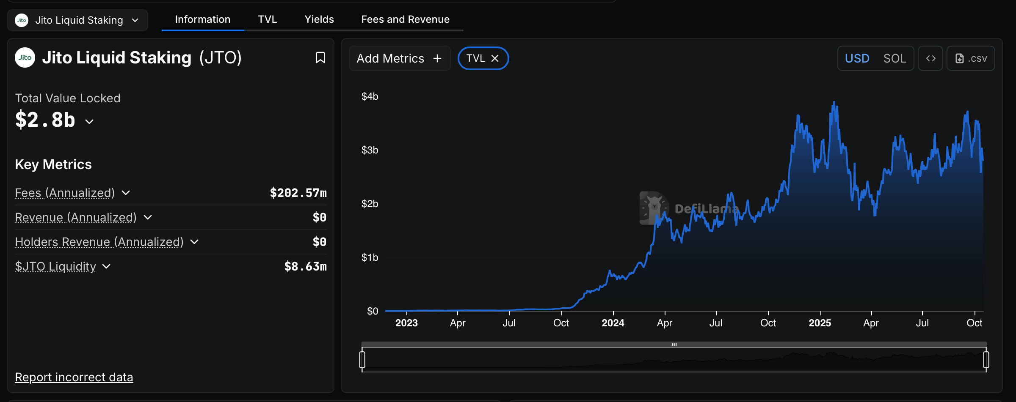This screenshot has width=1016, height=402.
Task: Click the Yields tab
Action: (x=319, y=19)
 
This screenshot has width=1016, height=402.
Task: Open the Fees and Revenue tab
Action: (x=405, y=19)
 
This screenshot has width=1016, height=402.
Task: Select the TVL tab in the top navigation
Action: (x=268, y=19)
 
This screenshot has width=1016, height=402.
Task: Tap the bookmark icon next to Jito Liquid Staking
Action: (x=320, y=57)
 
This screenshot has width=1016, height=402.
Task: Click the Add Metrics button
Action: (x=399, y=58)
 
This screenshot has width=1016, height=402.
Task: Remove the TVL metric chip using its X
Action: (x=495, y=58)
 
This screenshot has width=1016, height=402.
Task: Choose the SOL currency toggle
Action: (x=895, y=58)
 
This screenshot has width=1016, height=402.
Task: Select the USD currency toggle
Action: (x=857, y=58)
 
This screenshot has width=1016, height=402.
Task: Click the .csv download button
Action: (x=971, y=58)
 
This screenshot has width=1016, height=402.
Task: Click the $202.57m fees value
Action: (x=298, y=193)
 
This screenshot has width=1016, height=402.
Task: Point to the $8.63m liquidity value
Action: (x=305, y=267)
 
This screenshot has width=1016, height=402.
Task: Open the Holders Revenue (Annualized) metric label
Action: (x=99, y=242)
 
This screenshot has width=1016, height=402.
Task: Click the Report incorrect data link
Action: (x=74, y=377)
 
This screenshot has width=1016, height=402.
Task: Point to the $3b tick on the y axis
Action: (x=370, y=150)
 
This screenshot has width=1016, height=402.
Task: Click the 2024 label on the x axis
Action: (x=613, y=323)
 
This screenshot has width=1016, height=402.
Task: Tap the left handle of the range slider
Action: (x=362, y=360)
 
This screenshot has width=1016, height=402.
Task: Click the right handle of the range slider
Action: (x=986, y=360)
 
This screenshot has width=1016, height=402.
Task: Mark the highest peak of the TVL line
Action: (x=834, y=102)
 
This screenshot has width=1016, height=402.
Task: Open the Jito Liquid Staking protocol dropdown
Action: (x=78, y=20)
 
